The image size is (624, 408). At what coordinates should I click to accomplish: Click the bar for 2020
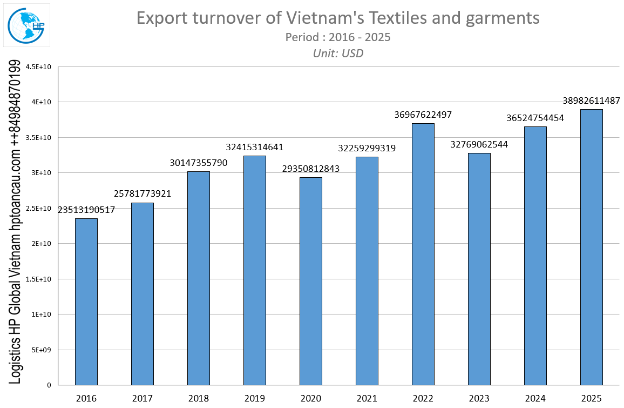(311, 281)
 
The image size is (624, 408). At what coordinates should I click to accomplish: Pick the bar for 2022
(423, 254)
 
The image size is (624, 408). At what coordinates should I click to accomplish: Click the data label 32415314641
(255, 147)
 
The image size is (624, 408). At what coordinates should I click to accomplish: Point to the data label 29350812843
(311, 169)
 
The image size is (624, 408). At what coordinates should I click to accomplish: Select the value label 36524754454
(535, 118)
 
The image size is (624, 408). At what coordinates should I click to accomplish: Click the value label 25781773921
(143, 193)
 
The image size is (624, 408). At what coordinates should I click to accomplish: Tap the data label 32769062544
(479, 144)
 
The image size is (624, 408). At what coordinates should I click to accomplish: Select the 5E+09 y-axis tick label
(41, 350)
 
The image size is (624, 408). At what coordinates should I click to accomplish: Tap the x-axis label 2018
(199, 399)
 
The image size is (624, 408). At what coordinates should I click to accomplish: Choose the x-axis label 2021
(367, 399)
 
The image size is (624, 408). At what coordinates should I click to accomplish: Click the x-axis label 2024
(535, 399)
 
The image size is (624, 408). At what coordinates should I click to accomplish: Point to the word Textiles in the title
(400, 18)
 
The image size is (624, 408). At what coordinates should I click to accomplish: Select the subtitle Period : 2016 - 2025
(337, 37)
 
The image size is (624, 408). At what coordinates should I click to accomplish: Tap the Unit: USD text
(338, 53)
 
